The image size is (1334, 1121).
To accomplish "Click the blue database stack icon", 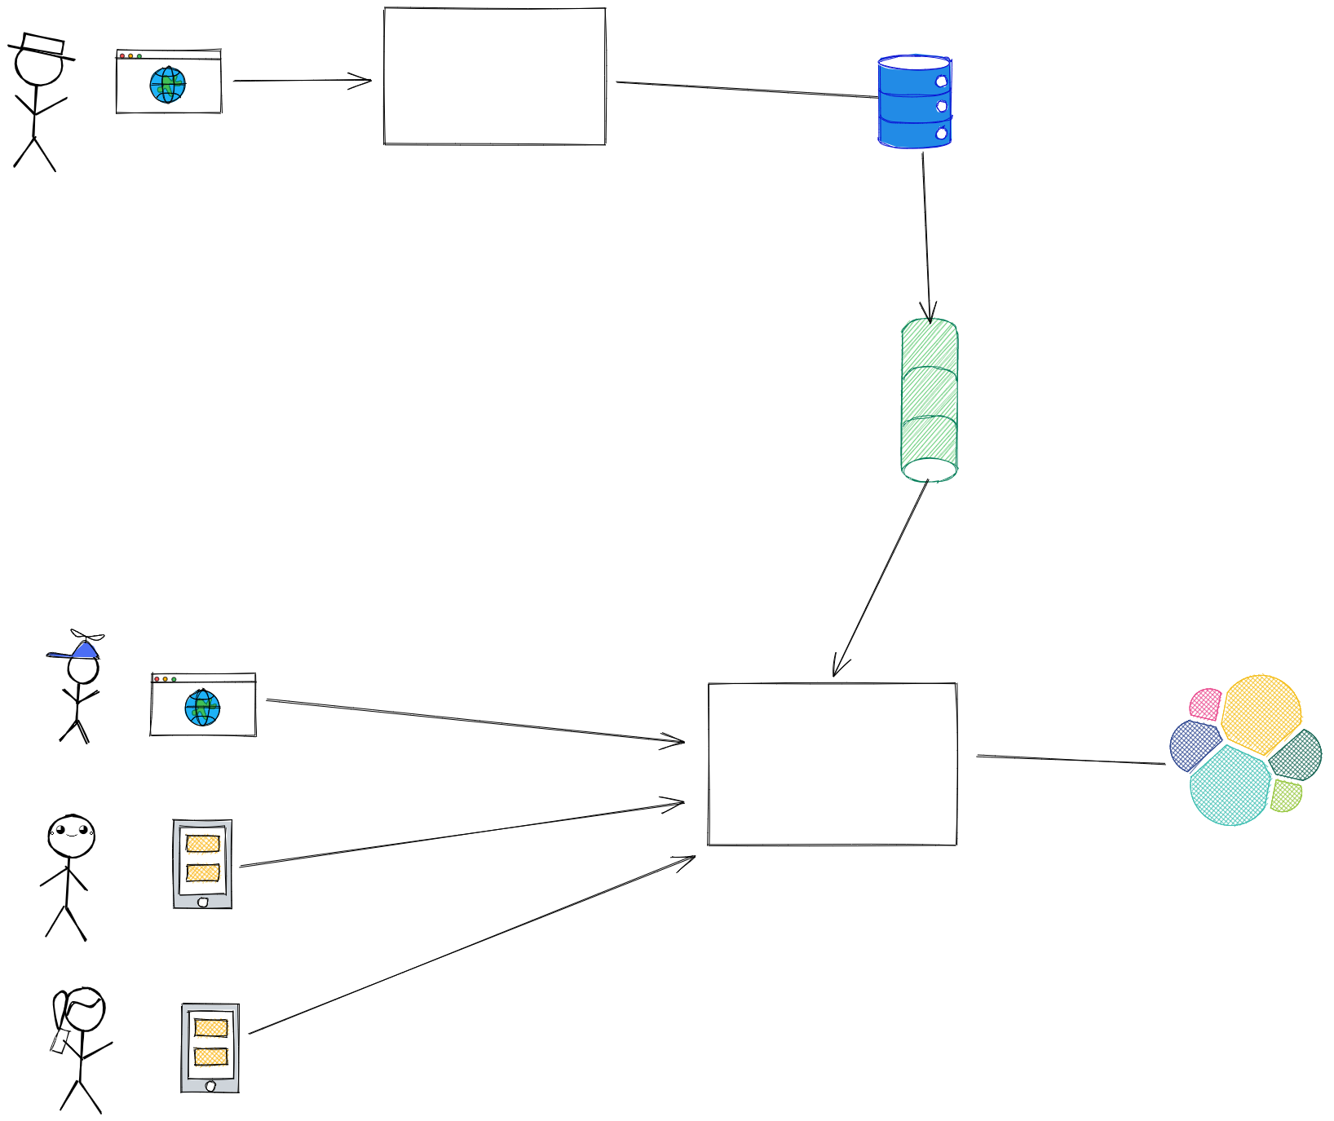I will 914,102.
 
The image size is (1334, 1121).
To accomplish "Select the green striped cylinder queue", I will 930,399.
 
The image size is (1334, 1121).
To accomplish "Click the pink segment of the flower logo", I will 1205,704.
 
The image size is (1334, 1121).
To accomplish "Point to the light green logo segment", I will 1285,796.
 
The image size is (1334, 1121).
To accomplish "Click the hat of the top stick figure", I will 42,46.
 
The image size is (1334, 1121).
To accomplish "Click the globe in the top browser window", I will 168,85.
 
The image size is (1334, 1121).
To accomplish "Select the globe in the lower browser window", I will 202,708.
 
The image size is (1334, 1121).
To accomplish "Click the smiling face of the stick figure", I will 71,835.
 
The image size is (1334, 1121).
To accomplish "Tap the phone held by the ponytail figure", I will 60,1042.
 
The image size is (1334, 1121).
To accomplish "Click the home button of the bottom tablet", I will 210,1086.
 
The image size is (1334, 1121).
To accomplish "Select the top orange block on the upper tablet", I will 202,843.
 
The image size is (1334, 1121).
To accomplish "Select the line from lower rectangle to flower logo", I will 1070,760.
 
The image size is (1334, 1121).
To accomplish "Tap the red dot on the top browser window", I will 122,55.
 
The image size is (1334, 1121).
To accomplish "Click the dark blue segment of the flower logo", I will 1194,744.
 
